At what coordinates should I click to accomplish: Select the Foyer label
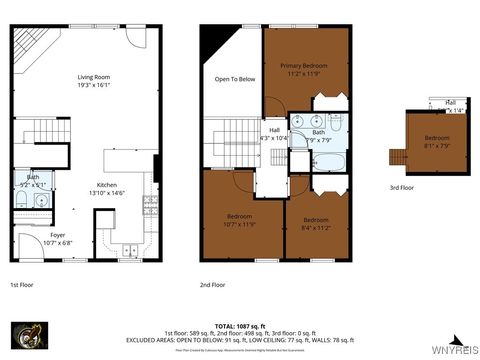tap(59, 236)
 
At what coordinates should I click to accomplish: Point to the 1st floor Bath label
tap(33, 177)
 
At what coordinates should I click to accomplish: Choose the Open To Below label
tap(235, 79)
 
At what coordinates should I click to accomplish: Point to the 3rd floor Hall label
tap(450, 103)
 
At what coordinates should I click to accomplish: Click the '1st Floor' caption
tap(23, 284)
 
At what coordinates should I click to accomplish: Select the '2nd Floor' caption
tap(213, 284)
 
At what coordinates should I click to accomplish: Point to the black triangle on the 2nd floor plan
tap(214, 42)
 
